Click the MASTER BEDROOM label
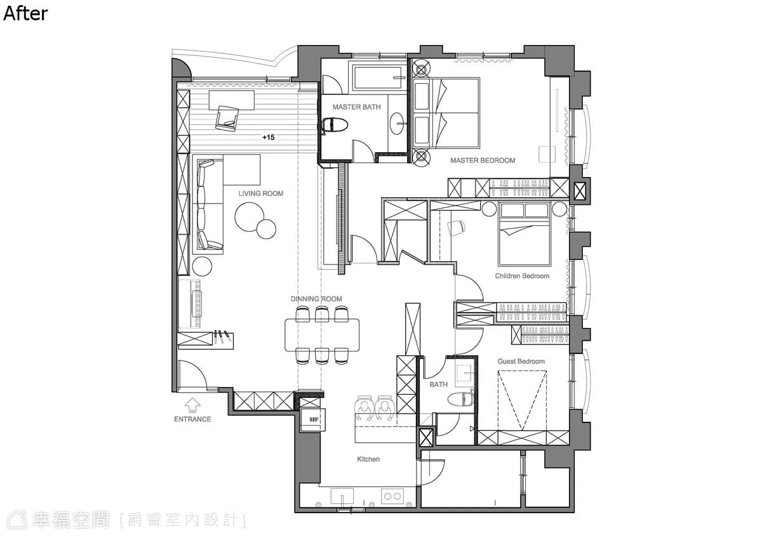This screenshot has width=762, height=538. click(483, 161)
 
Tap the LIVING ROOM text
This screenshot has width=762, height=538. click(260, 194)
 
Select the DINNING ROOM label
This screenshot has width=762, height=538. click(316, 299)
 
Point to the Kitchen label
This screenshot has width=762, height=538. click(368, 459)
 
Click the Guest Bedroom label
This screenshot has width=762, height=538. click(521, 361)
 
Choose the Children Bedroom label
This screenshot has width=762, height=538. click(522, 276)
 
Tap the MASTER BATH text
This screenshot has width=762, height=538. click(356, 107)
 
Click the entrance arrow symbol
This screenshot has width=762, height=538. click(192, 405)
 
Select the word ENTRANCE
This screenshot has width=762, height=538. click(192, 419)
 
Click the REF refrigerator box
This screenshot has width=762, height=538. click(312, 420)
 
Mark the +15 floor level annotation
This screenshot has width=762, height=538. click(269, 137)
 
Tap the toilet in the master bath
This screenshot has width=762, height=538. click(333, 125)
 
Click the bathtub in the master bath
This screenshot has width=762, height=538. click(379, 78)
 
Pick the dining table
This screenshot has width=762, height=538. click(322, 335)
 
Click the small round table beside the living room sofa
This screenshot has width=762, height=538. click(202, 266)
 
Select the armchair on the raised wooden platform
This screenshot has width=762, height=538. click(227, 118)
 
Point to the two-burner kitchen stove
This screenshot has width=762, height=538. click(392, 496)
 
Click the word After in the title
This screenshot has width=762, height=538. click(25, 14)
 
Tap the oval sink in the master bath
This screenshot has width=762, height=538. click(397, 123)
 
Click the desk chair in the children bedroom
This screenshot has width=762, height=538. click(456, 227)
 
